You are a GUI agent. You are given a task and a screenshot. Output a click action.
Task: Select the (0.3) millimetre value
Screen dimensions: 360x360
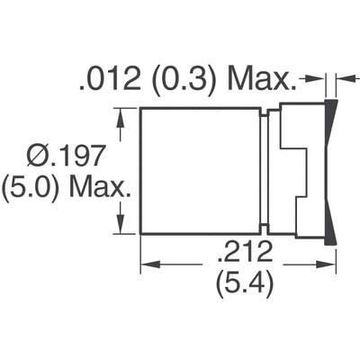point(190,84)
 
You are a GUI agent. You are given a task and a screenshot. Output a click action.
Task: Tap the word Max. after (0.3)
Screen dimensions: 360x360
point(262,84)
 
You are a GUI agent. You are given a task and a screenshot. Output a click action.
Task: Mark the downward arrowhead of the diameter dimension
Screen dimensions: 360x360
point(119,227)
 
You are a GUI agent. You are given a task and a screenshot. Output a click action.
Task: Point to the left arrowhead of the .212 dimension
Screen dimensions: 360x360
point(147,264)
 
